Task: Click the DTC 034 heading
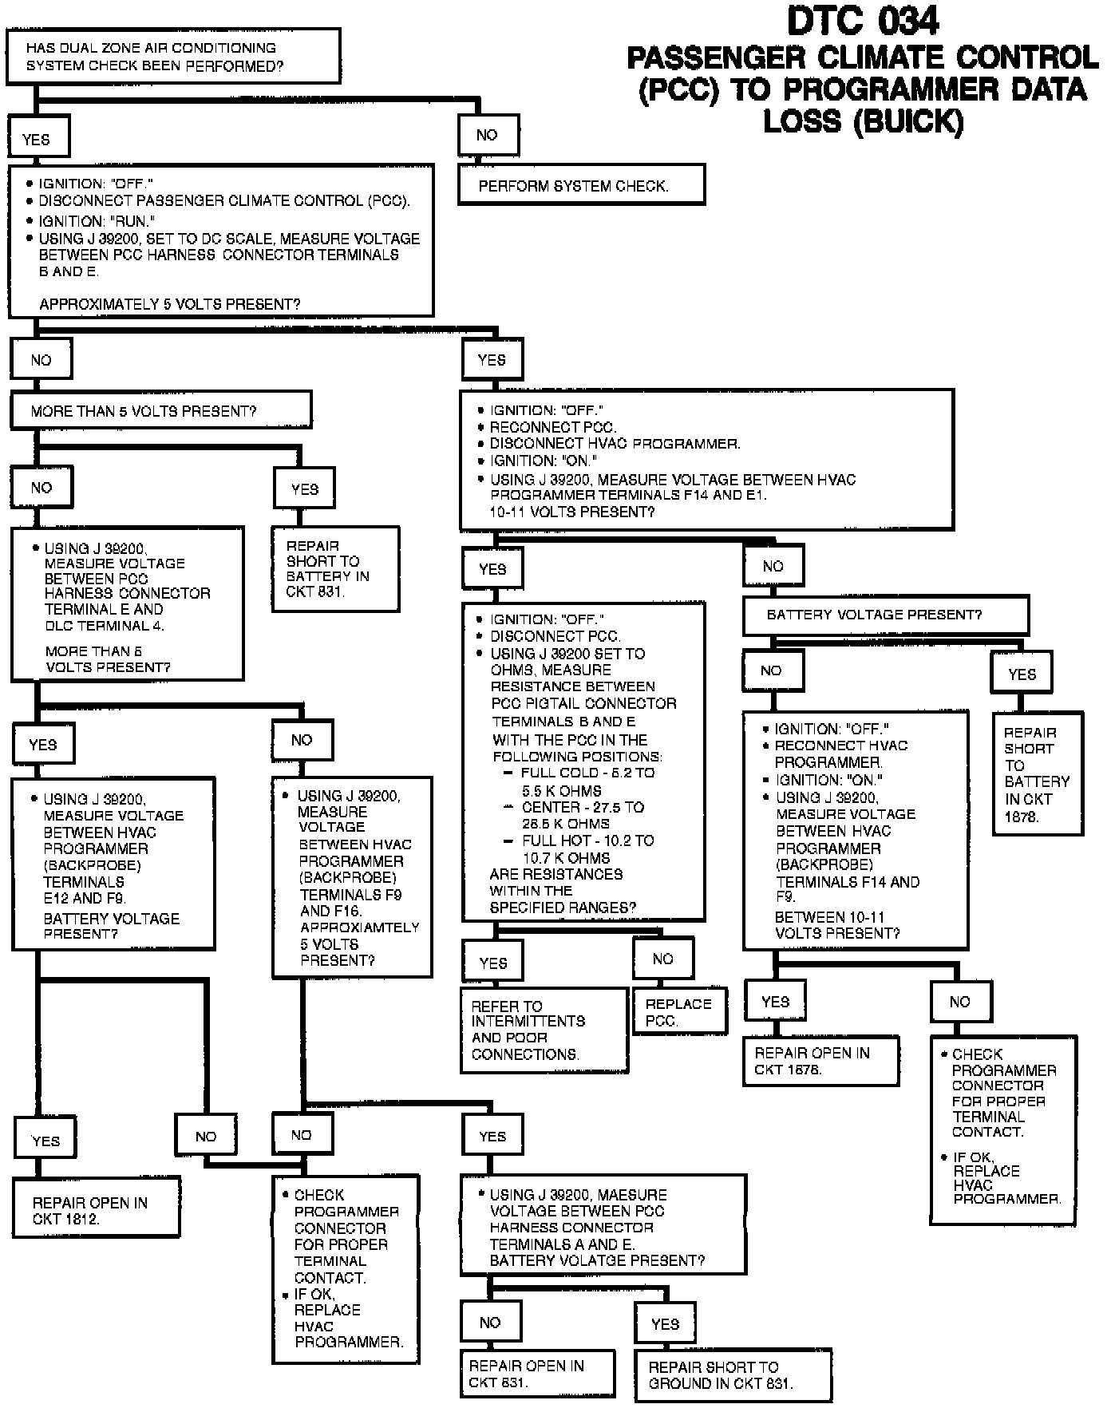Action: pyautogui.click(x=862, y=22)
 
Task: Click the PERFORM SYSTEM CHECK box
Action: pyautogui.click(x=581, y=185)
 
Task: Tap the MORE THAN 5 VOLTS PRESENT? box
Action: pyautogui.click(x=160, y=411)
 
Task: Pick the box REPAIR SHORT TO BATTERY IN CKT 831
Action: pyautogui.click(x=335, y=569)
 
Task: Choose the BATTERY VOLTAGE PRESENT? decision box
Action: pyautogui.click(x=884, y=615)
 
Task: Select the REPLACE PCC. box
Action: pyautogui.click(x=680, y=1012)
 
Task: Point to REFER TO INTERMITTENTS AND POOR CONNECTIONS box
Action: pyautogui.click(x=544, y=1030)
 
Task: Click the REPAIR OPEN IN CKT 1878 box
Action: pyautogui.click(x=820, y=1061)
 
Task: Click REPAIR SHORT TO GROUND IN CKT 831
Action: pyautogui.click(x=732, y=1374)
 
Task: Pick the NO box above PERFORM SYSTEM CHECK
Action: pyautogui.click(x=488, y=136)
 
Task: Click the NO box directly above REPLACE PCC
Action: pyautogui.click(x=662, y=959)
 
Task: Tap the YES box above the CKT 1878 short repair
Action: pyautogui.click(x=1021, y=674)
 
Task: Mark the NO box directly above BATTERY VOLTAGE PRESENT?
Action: pyautogui.click(x=773, y=567)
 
